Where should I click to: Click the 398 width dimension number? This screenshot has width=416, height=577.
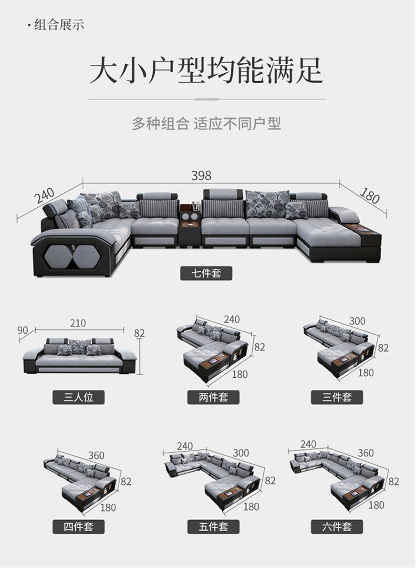201,175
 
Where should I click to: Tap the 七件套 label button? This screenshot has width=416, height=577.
206,273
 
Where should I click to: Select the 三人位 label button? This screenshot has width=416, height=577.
78,397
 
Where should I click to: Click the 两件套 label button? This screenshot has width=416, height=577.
213,397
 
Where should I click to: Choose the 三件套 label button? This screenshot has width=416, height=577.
337,397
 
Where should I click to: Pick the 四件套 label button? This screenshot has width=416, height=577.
78,526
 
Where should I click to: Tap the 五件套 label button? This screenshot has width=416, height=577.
213,526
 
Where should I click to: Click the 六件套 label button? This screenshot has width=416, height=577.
337,526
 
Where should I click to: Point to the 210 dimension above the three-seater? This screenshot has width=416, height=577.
78,323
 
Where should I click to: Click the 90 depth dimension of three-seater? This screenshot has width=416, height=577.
23,330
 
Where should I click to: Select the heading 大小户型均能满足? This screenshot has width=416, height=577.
206,70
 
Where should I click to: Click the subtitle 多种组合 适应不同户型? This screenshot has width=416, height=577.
206,124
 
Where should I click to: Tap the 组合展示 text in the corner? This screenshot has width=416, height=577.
59,25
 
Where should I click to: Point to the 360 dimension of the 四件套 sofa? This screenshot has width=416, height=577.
96,456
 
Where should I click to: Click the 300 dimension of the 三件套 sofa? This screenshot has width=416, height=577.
357,321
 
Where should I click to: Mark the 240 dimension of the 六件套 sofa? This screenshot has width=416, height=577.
308,444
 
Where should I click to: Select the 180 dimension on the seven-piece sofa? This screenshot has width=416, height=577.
369,196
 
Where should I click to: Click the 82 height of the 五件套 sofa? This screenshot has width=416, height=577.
270,481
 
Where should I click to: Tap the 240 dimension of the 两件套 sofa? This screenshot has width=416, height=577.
232,319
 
